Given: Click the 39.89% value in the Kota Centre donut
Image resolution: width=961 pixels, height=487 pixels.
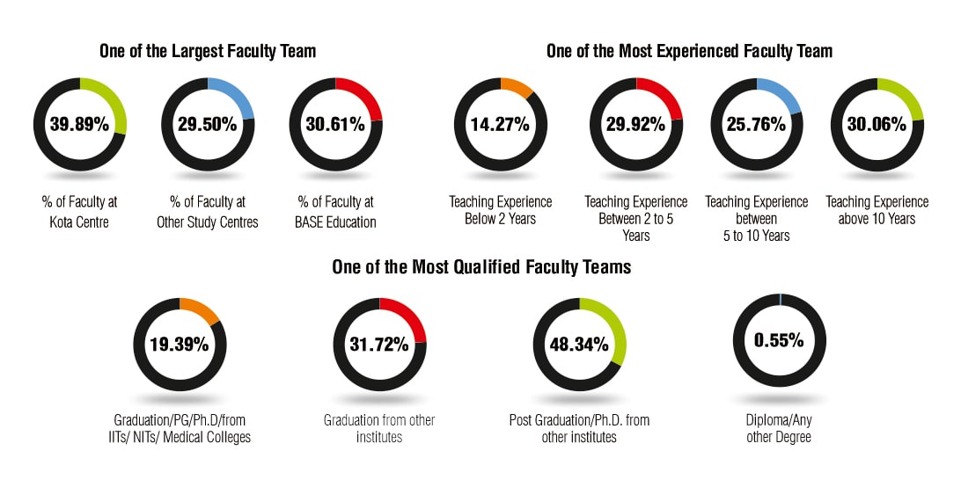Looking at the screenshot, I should click(x=79, y=124).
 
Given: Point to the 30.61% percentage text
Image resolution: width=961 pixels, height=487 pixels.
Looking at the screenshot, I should click(x=335, y=124).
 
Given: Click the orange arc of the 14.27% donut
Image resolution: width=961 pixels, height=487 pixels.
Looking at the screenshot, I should click(x=519, y=87).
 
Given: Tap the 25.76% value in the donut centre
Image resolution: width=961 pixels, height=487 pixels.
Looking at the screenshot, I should click(x=756, y=124).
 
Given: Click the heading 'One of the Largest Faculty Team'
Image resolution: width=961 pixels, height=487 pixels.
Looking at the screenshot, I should click(x=207, y=52).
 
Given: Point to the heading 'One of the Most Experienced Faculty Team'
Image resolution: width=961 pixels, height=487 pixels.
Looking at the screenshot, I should click(x=689, y=52).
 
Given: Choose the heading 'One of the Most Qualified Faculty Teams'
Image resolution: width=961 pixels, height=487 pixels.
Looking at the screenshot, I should click(x=481, y=267).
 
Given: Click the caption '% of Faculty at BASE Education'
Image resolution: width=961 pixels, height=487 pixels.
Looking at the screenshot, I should click(x=335, y=212).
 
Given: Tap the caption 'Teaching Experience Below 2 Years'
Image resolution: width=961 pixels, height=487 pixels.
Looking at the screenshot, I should click(x=500, y=211).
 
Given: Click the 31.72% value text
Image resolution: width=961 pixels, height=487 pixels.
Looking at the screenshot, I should click(x=379, y=344).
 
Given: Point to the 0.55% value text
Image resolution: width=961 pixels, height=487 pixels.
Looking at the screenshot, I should click(x=779, y=340).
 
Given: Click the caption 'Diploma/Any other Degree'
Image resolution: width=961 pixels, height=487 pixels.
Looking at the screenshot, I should click(x=779, y=428).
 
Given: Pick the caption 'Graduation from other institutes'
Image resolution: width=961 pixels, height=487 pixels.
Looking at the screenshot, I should click(x=379, y=428).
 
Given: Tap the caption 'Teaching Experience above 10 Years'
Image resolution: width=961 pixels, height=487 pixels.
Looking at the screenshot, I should click(x=877, y=211).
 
